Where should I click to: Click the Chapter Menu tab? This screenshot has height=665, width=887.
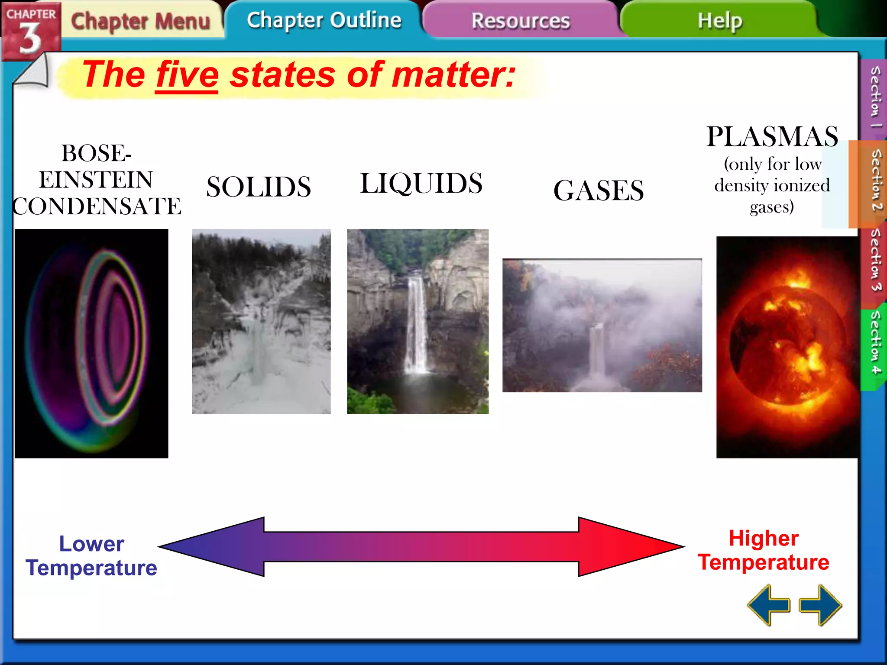(x=140, y=21)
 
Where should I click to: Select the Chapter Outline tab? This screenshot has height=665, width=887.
(x=324, y=20)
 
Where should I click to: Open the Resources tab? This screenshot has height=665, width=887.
(x=520, y=21)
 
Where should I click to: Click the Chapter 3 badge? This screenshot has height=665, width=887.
(x=30, y=30)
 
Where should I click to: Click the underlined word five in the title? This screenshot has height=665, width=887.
(x=187, y=75)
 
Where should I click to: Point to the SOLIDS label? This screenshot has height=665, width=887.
(x=259, y=187)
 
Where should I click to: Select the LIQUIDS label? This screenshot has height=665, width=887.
(x=421, y=183)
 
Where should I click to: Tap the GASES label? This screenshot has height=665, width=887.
(x=599, y=190)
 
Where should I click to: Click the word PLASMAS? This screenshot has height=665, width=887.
(x=772, y=137)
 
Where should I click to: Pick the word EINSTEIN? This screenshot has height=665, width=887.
(x=96, y=180)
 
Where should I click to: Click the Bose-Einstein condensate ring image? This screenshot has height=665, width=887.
(x=91, y=343)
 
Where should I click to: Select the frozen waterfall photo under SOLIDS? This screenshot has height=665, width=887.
(x=261, y=321)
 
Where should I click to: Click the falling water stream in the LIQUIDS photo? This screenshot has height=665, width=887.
(x=416, y=325)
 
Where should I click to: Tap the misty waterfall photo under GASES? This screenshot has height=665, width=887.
(x=602, y=326)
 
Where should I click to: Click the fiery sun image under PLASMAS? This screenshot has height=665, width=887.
(x=787, y=346)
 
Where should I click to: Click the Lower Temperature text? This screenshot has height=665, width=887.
(x=91, y=555)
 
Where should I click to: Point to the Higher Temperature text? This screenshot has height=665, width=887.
(x=764, y=550)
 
